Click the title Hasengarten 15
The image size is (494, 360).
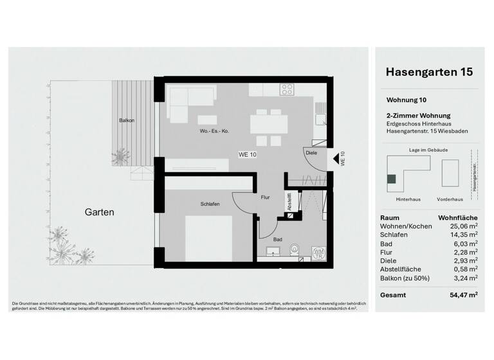[429, 72]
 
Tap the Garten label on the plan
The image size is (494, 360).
[98, 212]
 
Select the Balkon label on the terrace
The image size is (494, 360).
[127, 120]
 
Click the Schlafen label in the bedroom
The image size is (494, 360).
[210, 204]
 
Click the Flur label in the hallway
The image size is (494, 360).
[264, 198]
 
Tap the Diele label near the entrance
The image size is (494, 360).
[312, 153]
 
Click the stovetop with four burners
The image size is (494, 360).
[287, 89]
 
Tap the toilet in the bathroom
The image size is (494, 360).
[295, 249]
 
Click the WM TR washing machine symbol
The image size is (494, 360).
[318, 253]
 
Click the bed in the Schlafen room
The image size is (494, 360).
[208, 238]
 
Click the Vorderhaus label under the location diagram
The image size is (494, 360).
[450, 199]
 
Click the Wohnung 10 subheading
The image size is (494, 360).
[406, 100]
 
